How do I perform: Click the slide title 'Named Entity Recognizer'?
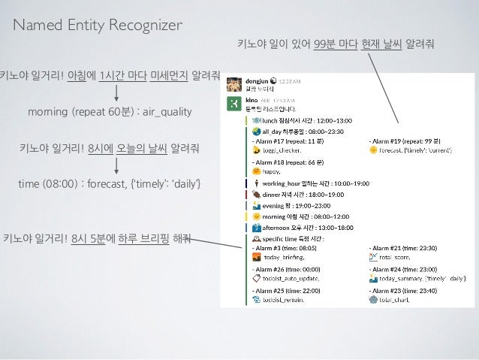98,26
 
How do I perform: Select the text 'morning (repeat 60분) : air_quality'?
110,112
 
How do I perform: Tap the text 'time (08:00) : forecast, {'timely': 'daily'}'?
110,184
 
